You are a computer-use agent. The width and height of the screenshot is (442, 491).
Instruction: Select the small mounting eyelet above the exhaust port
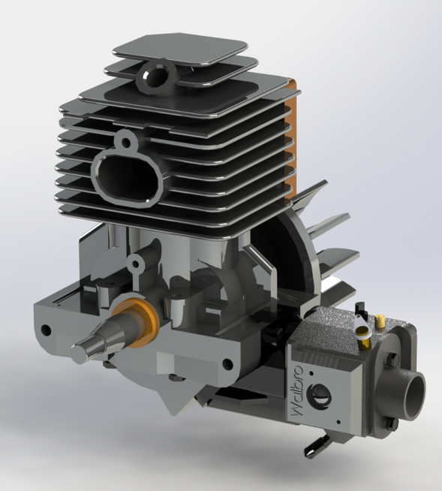click(125, 140)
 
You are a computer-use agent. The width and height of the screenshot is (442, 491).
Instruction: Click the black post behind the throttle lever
click(359, 309)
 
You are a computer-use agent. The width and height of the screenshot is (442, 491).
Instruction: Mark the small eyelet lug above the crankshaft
click(135, 263)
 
